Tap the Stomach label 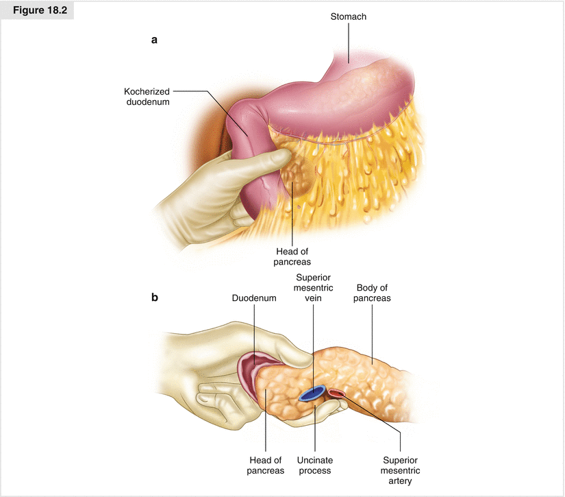tap(347, 17)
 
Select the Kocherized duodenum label tap(147, 96)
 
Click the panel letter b tap(155, 298)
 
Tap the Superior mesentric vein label tap(314, 287)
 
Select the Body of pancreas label tap(373, 293)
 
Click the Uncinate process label tap(315, 465)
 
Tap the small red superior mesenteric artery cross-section tap(337, 393)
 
